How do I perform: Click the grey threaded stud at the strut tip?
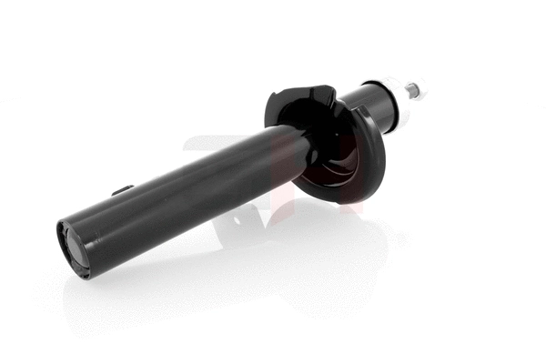(x=413, y=88)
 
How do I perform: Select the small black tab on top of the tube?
(x=122, y=190)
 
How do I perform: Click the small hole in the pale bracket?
(x=238, y=218)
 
